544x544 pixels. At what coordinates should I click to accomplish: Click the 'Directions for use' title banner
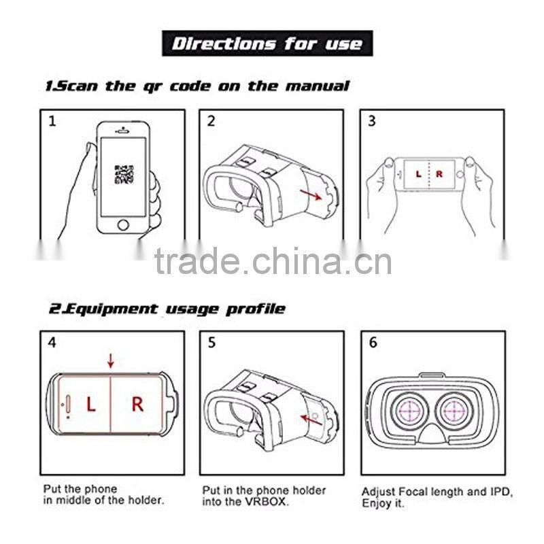(x=267, y=44)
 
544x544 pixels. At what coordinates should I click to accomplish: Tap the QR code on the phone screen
(x=123, y=174)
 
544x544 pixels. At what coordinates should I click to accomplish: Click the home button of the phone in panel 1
(x=123, y=224)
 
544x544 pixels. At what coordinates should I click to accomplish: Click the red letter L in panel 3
(x=418, y=175)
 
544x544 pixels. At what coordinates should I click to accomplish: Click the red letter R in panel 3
(x=439, y=175)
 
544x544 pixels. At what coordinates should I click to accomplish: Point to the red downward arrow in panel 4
(x=111, y=360)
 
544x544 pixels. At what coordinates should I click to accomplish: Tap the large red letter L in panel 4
(x=90, y=405)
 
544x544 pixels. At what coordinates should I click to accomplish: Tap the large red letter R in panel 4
(x=137, y=405)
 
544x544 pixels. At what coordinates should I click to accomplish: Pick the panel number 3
(x=372, y=122)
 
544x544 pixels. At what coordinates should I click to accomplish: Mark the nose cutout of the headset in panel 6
(x=432, y=443)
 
